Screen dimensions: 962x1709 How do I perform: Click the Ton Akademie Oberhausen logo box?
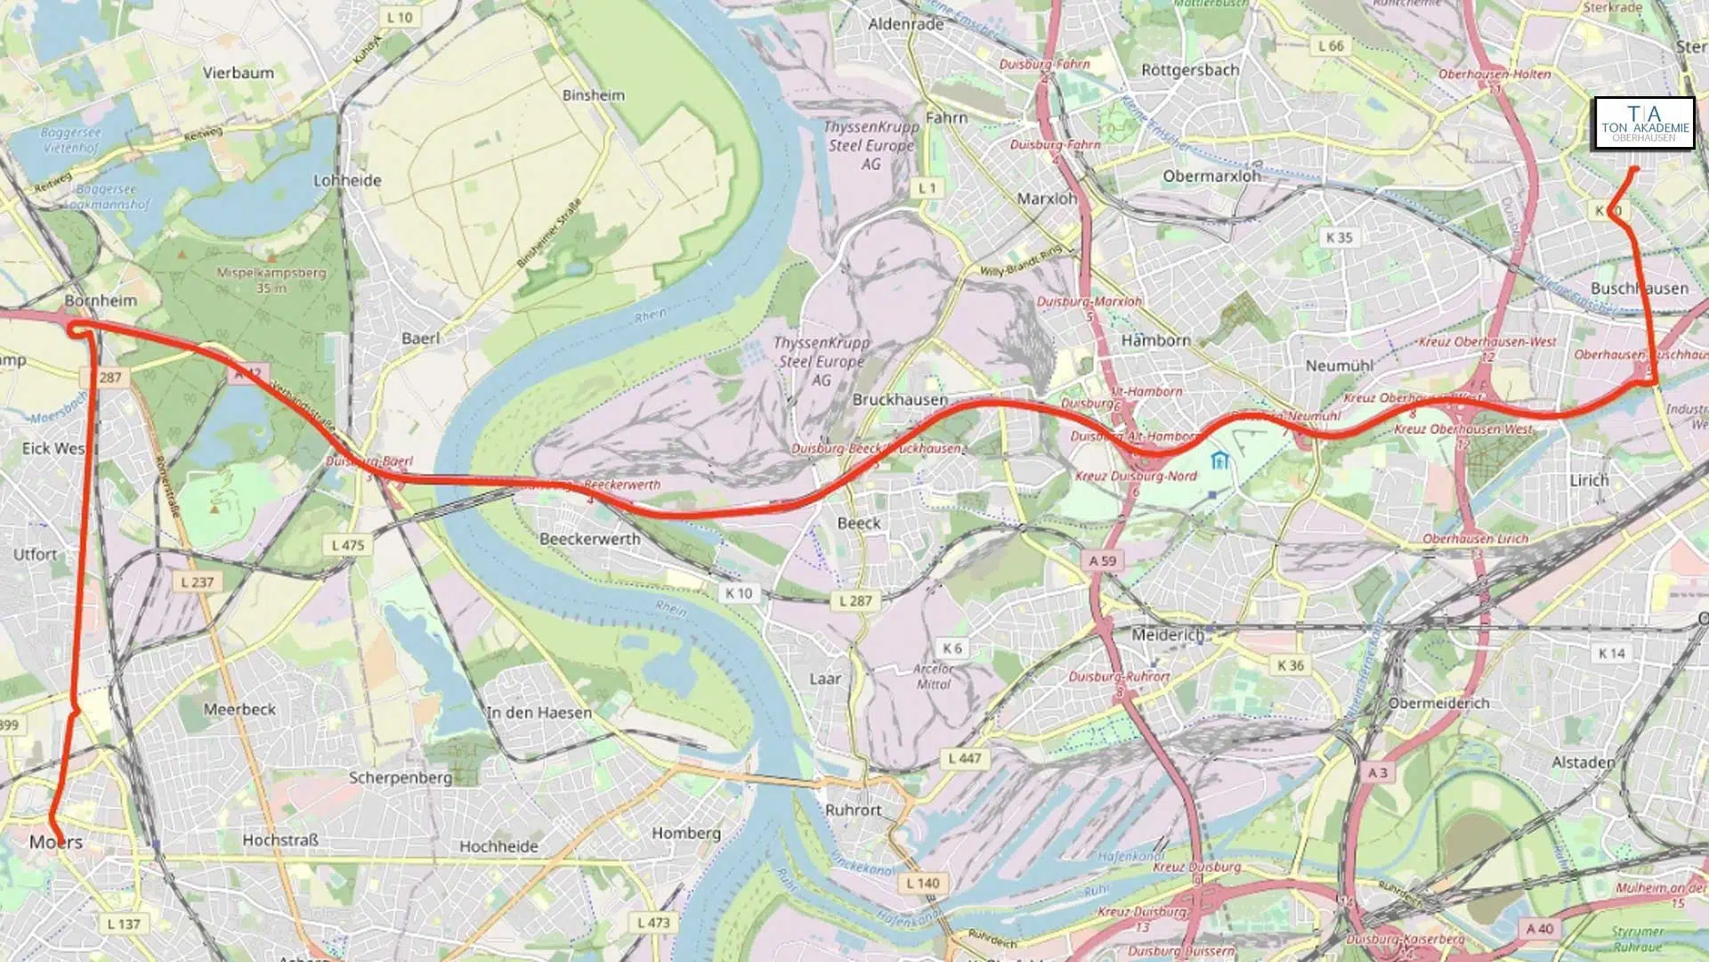click(1644, 124)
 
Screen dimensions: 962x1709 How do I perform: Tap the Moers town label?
click(55, 842)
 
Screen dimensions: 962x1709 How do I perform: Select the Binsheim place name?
click(593, 95)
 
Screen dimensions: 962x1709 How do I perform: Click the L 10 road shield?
click(400, 17)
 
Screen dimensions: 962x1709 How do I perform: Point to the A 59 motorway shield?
click(1102, 560)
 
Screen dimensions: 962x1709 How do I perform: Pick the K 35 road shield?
click(1339, 237)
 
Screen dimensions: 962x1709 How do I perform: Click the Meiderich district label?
click(1167, 635)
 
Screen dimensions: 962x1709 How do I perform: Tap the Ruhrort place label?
click(853, 810)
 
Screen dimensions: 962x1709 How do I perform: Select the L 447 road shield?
click(964, 758)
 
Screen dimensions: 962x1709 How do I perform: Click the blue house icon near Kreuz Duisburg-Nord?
click(1219, 460)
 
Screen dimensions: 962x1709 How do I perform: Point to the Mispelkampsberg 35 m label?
click(271, 280)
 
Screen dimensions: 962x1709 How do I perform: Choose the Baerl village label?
click(420, 338)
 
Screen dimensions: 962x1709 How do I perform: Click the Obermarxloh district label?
click(1211, 176)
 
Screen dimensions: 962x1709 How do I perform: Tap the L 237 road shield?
click(197, 582)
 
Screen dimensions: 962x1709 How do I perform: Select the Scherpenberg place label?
click(401, 778)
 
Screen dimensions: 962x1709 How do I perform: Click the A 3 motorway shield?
click(1377, 772)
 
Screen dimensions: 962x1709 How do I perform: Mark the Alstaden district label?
click(1583, 762)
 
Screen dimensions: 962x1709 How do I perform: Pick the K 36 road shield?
click(1290, 665)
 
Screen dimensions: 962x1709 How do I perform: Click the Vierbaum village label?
click(238, 73)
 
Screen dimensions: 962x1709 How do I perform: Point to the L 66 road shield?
click(1331, 45)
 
